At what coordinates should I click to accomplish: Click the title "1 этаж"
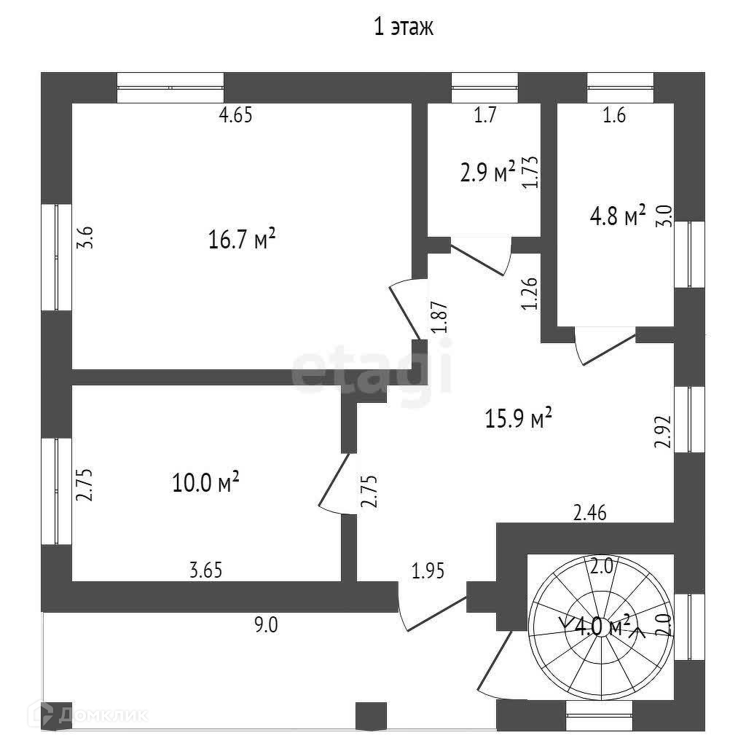click(403, 28)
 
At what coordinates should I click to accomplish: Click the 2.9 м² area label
click(487, 173)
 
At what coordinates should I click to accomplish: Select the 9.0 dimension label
click(267, 624)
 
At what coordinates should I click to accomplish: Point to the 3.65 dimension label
click(205, 570)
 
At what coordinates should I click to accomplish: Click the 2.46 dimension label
click(590, 513)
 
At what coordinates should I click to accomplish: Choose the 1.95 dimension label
click(429, 570)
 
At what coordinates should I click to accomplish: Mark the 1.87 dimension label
click(439, 318)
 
